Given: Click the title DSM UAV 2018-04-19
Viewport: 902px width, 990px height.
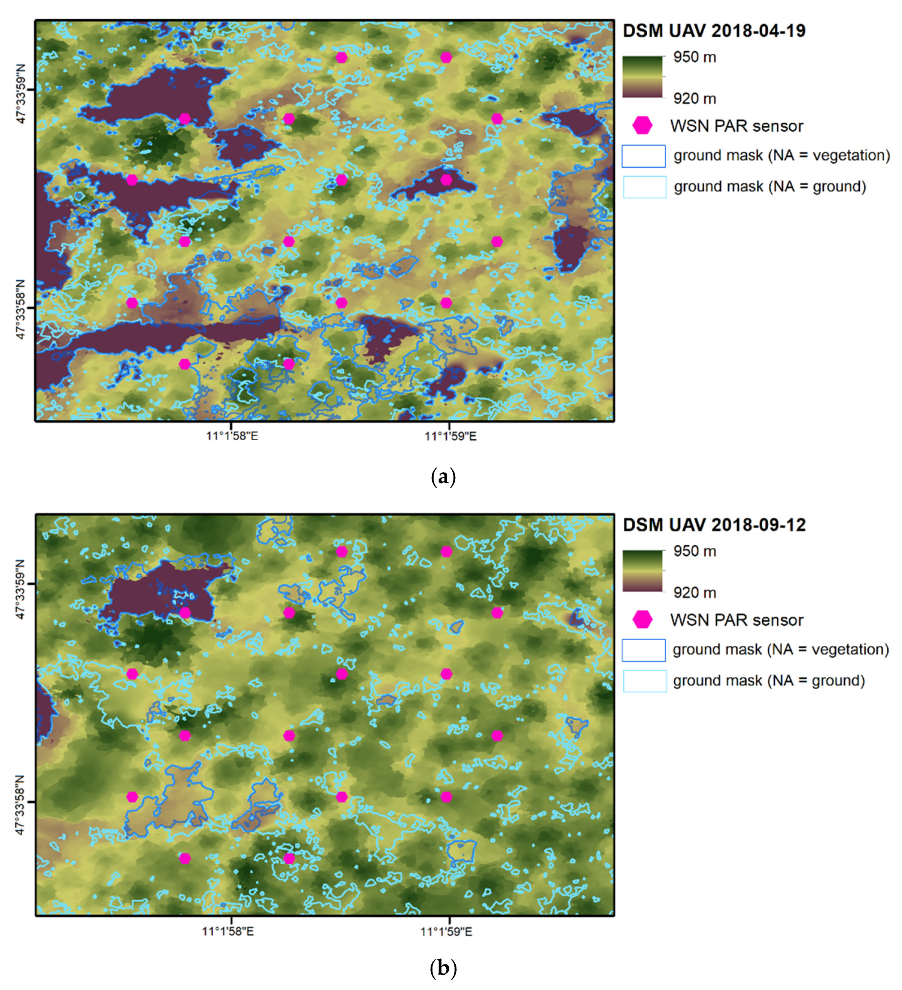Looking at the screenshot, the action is point(713,31).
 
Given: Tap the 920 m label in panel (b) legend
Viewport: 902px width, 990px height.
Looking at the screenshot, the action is point(694,593).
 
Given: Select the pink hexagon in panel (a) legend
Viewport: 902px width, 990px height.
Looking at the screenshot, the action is point(642,126).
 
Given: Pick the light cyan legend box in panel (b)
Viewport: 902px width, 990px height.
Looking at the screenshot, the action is point(644,681).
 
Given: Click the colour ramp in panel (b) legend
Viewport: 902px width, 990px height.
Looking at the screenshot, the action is point(643,571).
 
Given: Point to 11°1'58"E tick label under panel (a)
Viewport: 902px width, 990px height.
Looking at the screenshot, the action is point(232,436).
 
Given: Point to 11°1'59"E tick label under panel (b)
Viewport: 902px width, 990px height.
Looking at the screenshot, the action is point(446,931).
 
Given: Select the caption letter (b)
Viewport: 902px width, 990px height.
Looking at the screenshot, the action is point(443,968).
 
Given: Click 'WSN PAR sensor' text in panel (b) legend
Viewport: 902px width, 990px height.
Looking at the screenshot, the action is point(736,620).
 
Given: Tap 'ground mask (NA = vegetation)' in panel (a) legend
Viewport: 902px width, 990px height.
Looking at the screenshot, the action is point(781,156).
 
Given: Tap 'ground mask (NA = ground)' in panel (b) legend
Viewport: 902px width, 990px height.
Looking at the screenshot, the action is point(768,681).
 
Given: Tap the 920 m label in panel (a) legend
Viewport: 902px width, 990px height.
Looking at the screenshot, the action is point(694,99).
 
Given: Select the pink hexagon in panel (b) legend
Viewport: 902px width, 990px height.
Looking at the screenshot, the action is point(642,620).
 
